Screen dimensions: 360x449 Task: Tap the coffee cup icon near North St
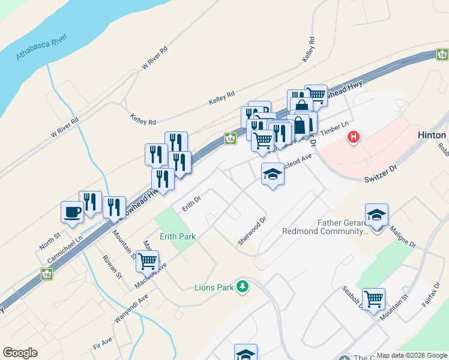coord(72,212)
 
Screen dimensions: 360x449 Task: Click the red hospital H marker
coord(354,137)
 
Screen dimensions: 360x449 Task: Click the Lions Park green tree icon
coord(243,287)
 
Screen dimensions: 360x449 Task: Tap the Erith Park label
coord(177,236)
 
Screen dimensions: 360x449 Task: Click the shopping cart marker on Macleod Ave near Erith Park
coord(147,262)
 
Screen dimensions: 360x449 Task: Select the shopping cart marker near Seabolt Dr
coord(373,299)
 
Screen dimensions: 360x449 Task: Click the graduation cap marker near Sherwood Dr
coord(273,175)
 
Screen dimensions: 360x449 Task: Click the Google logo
coord(20,353)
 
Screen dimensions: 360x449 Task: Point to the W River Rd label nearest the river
coord(65,127)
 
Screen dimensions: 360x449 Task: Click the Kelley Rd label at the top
coord(310,49)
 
